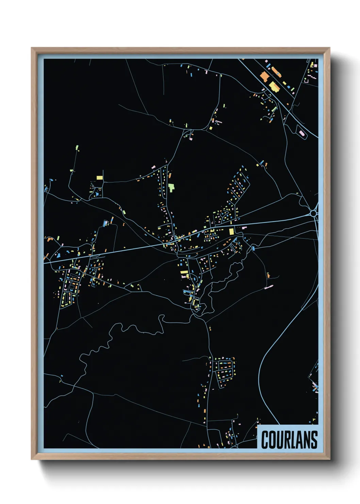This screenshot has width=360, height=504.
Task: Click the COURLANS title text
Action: [x=289, y=440]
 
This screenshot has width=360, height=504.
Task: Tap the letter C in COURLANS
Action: [x=265, y=440]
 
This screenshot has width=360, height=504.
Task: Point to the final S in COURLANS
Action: [x=314, y=440]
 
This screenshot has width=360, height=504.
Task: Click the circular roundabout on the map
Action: [x=313, y=213]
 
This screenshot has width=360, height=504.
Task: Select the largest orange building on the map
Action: [x=264, y=76]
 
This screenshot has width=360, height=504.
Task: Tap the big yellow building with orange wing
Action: [x=274, y=86]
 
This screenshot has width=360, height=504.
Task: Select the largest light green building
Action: [x=171, y=187]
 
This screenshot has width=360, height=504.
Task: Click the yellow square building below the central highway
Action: [x=231, y=232]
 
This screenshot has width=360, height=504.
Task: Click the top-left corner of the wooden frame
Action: [x=32, y=48]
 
